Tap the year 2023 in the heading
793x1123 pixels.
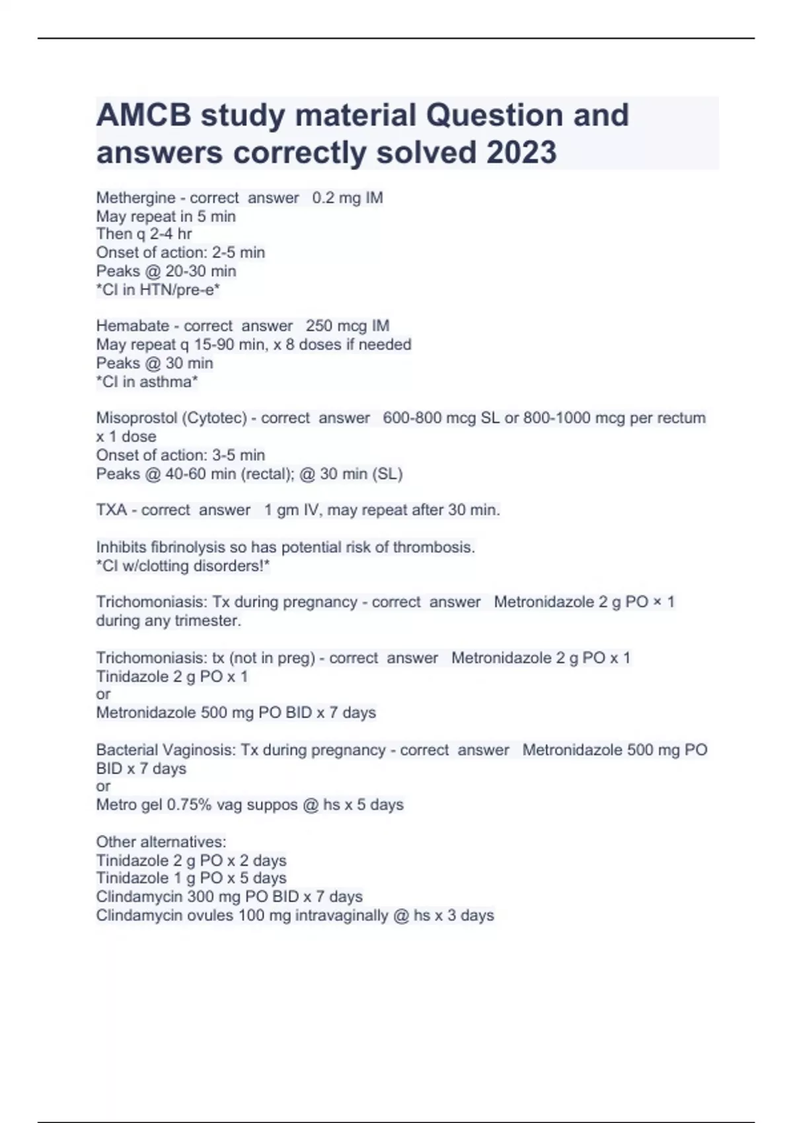(x=521, y=153)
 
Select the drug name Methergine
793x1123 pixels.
(x=135, y=198)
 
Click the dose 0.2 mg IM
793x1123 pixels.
(x=348, y=198)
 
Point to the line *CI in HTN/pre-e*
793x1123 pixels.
(x=158, y=289)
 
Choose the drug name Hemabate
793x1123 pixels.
(x=132, y=326)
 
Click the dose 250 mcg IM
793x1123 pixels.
(x=348, y=326)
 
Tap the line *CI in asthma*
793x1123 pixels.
(x=147, y=381)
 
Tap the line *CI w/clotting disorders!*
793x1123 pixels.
(x=183, y=565)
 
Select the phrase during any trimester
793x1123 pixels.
(x=169, y=620)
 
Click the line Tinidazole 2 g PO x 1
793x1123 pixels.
(x=172, y=676)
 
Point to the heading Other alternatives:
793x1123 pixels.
(x=161, y=842)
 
